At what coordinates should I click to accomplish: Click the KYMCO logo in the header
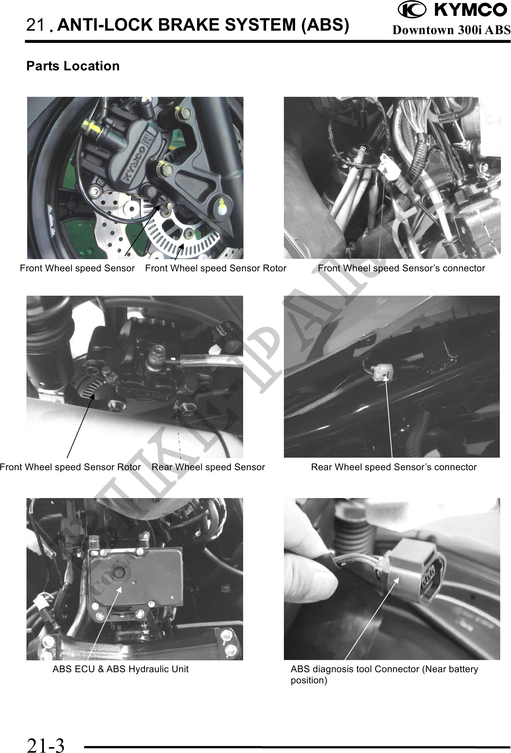pyautogui.click(x=452, y=10)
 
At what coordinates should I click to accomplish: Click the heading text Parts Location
pyautogui.click(x=73, y=66)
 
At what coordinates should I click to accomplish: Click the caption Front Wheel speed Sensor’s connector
pyautogui.click(x=401, y=268)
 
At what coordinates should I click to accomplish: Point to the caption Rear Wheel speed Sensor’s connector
pyautogui.click(x=394, y=467)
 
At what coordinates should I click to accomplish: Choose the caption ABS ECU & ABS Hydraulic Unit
pyautogui.click(x=121, y=669)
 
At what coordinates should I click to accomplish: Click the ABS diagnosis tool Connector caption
pyautogui.click(x=385, y=674)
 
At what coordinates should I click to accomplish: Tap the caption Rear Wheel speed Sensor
pyautogui.click(x=208, y=467)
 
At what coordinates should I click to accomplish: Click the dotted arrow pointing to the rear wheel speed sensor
pyautogui.click(x=179, y=432)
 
